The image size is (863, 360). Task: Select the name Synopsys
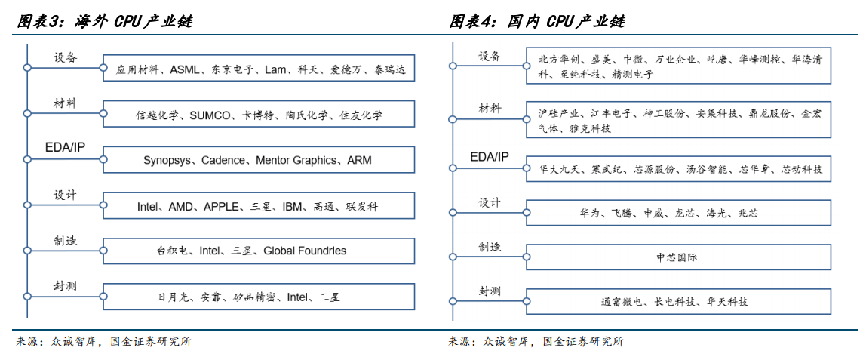[x=167, y=160]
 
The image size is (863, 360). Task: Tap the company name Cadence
[x=223, y=160]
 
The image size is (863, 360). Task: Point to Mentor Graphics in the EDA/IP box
[x=296, y=160]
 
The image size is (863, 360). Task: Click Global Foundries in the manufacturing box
[x=305, y=251]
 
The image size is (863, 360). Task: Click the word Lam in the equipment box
[x=276, y=70]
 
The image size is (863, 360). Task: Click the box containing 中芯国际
[x=678, y=257]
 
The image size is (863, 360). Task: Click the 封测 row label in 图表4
[x=490, y=291]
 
